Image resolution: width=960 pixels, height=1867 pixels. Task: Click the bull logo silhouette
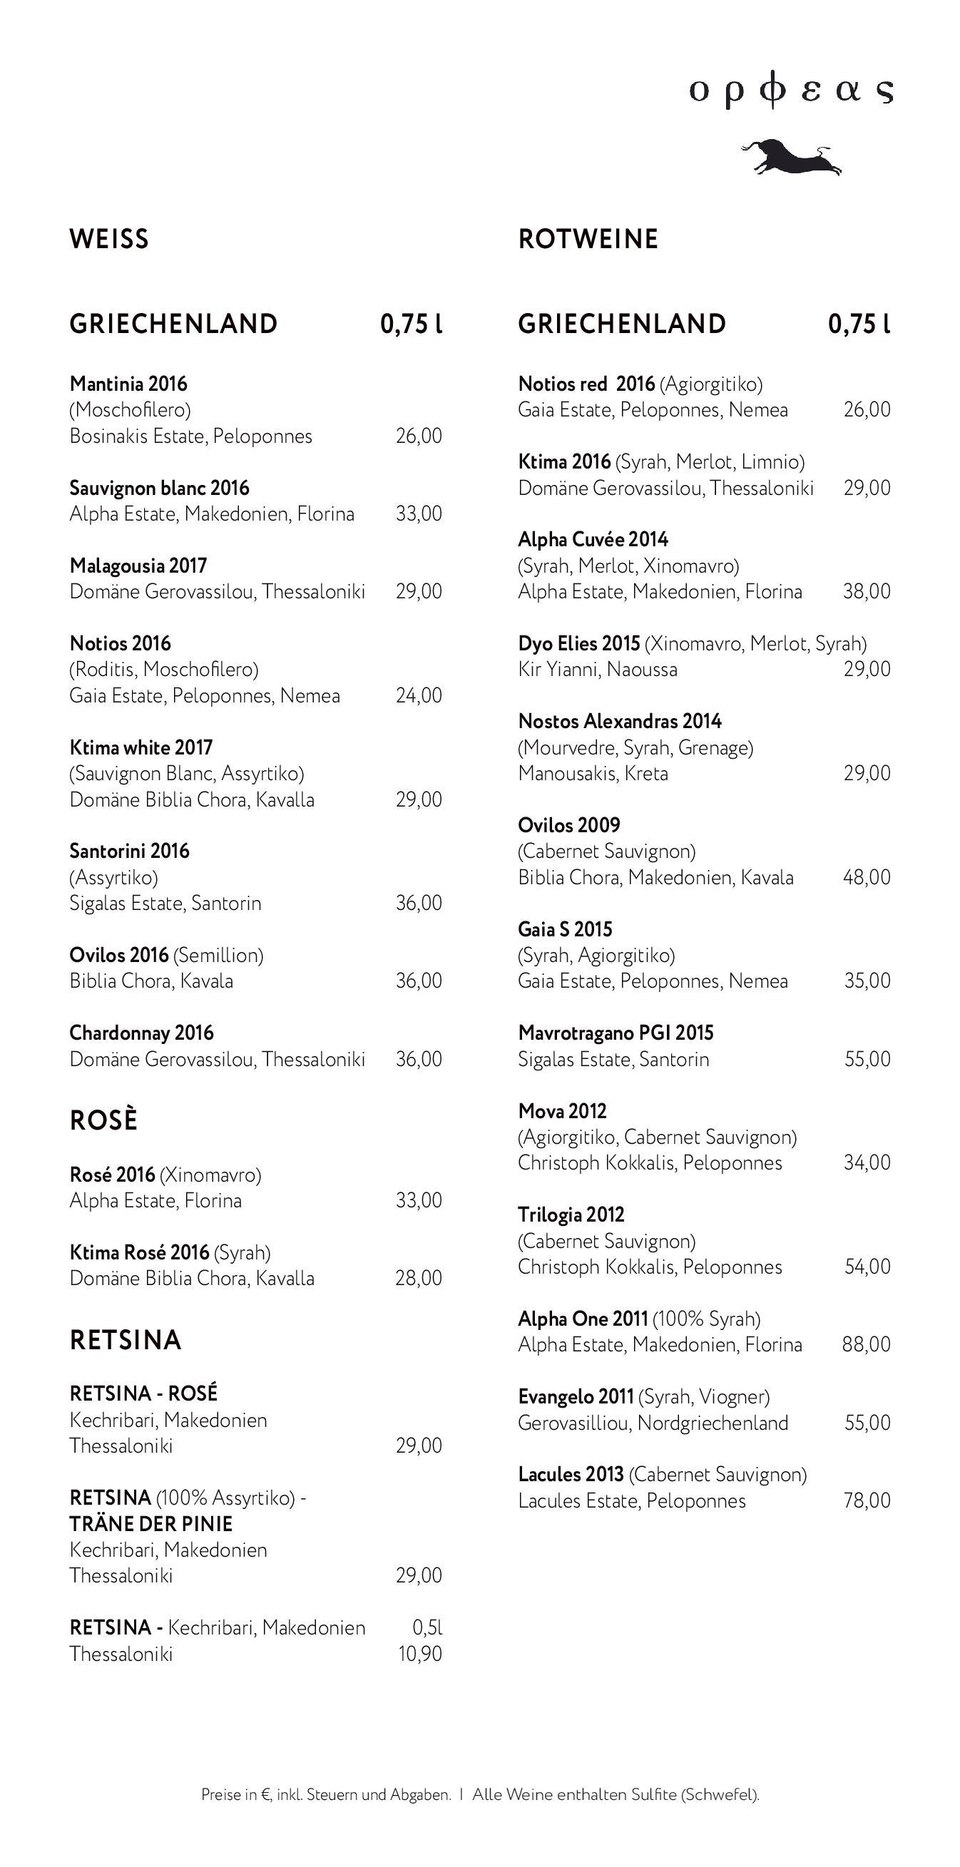coord(792,156)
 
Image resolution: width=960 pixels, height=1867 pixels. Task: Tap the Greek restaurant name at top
coord(790,91)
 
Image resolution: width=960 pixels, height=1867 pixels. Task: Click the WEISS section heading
coord(108,239)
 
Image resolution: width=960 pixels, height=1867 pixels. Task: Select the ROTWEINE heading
coord(588,239)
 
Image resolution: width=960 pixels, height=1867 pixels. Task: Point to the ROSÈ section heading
coord(103,1120)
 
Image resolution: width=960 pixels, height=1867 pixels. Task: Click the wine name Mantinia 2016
coord(128,384)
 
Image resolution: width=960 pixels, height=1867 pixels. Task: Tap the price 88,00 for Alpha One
coord(866,1344)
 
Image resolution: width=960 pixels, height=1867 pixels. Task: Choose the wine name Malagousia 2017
coord(138,566)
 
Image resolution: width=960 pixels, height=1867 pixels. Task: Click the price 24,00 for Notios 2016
coord(419,696)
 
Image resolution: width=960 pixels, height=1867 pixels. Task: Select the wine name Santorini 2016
coord(129,851)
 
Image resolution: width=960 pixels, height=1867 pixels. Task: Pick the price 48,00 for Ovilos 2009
coord(866,877)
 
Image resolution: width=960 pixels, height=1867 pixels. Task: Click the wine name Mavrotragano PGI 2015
coord(616,1033)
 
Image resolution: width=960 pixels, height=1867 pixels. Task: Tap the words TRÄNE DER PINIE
coord(150,1523)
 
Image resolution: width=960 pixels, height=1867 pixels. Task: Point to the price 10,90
coord(420,1654)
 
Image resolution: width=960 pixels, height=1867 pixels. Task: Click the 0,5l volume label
coord(427,1628)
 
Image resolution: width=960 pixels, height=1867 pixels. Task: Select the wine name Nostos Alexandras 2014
coord(620,721)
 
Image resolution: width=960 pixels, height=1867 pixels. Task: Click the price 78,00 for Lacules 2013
coord(867,1500)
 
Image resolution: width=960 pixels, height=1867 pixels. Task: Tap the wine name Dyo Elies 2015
coord(578,643)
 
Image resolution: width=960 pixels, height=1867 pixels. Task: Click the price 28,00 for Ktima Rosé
coord(419,1278)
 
